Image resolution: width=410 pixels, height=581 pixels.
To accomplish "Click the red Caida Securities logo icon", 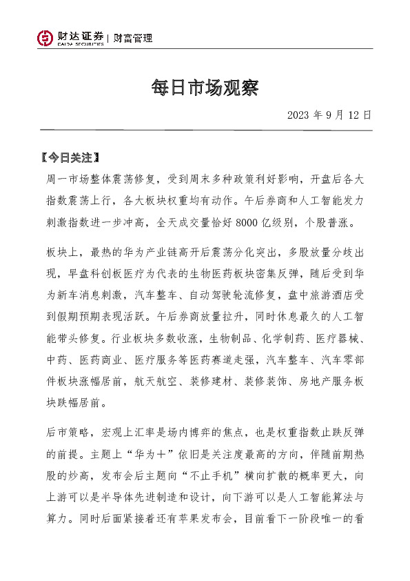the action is pyautogui.click(x=45, y=38).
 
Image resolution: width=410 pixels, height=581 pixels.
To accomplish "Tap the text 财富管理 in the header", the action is pyautogui.click(x=133, y=38).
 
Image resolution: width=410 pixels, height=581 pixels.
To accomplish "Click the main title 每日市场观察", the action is pyautogui.click(x=205, y=88).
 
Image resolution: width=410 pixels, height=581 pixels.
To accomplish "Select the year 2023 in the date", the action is pyautogui.click(x=299, y=115).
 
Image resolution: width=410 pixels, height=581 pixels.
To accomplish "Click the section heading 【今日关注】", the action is pyautogui.click(x=70, y=157).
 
